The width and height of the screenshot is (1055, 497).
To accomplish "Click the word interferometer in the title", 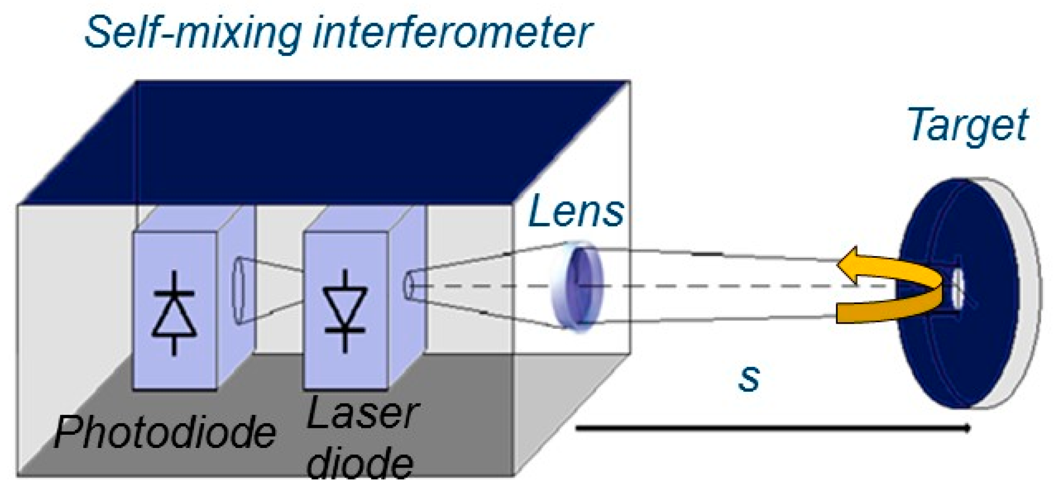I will point(459,33).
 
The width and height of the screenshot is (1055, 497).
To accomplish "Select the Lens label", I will point(576,211).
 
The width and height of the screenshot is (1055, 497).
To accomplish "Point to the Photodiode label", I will point(165,432).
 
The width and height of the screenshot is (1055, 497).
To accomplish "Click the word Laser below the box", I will point(362,414).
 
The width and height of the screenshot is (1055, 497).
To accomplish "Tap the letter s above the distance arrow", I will point(749,378).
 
